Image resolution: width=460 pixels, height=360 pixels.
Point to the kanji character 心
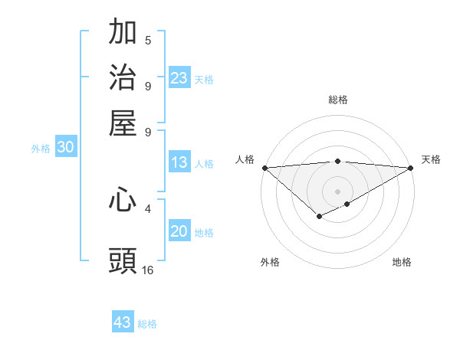point(123,200)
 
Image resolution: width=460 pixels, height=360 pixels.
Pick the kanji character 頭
point(123,261)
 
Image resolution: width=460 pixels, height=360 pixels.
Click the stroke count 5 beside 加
point(148,41)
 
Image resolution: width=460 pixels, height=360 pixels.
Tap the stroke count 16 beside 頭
point(148,270)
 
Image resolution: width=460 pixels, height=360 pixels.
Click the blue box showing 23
point(179,78)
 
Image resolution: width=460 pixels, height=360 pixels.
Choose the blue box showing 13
point(179,162)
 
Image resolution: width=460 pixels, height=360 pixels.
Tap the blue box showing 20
point(179,232)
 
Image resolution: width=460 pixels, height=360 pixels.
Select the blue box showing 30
point(65,148)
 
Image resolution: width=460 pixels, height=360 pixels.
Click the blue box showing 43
point(123,322)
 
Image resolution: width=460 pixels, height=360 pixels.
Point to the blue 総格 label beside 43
point(147,324)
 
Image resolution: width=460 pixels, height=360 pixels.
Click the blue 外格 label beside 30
point(41,149)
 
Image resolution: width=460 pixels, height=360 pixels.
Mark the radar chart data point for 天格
point(411,168)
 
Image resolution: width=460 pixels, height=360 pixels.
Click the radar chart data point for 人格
point(264,168)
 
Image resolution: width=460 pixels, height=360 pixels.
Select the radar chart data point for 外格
point(319,218)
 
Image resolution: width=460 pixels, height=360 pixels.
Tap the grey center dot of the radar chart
point(337,191)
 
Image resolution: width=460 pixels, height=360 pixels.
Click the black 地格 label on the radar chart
point(402,262)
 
